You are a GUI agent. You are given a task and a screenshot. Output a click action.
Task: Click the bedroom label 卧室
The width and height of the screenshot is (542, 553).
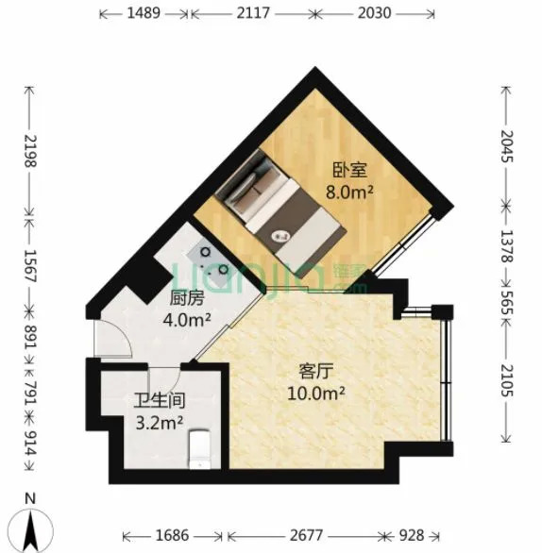[350, 170]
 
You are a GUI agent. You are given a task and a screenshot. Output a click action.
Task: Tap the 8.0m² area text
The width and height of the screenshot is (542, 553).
[349, 193]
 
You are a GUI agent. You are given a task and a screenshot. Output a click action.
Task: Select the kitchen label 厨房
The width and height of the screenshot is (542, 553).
[187, 298]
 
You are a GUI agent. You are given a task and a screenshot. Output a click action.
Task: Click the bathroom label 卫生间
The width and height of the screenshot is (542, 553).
[160, 401]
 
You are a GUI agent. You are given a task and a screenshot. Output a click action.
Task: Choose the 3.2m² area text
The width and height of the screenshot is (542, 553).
[160, 423]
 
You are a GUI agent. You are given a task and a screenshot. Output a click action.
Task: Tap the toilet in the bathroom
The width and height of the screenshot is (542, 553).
[200, 449]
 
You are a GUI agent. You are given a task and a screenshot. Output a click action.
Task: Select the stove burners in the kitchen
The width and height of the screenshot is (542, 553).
[213, 260]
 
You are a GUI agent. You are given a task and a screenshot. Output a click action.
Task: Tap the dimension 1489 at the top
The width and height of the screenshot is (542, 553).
[144, 13]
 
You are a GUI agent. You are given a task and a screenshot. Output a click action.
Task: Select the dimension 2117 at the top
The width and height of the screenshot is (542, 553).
[253, 13]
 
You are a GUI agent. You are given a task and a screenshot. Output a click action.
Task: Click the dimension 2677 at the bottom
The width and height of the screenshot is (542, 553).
[306, 535]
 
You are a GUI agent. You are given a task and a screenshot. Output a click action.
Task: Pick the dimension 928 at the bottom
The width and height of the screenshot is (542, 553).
[411, 535]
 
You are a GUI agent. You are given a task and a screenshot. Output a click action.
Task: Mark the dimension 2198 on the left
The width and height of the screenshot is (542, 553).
[30, 151]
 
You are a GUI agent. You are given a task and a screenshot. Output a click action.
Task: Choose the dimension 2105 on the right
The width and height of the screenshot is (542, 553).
[507, 380]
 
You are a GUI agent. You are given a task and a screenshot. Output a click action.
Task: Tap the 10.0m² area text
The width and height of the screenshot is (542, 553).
[316, 394]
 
